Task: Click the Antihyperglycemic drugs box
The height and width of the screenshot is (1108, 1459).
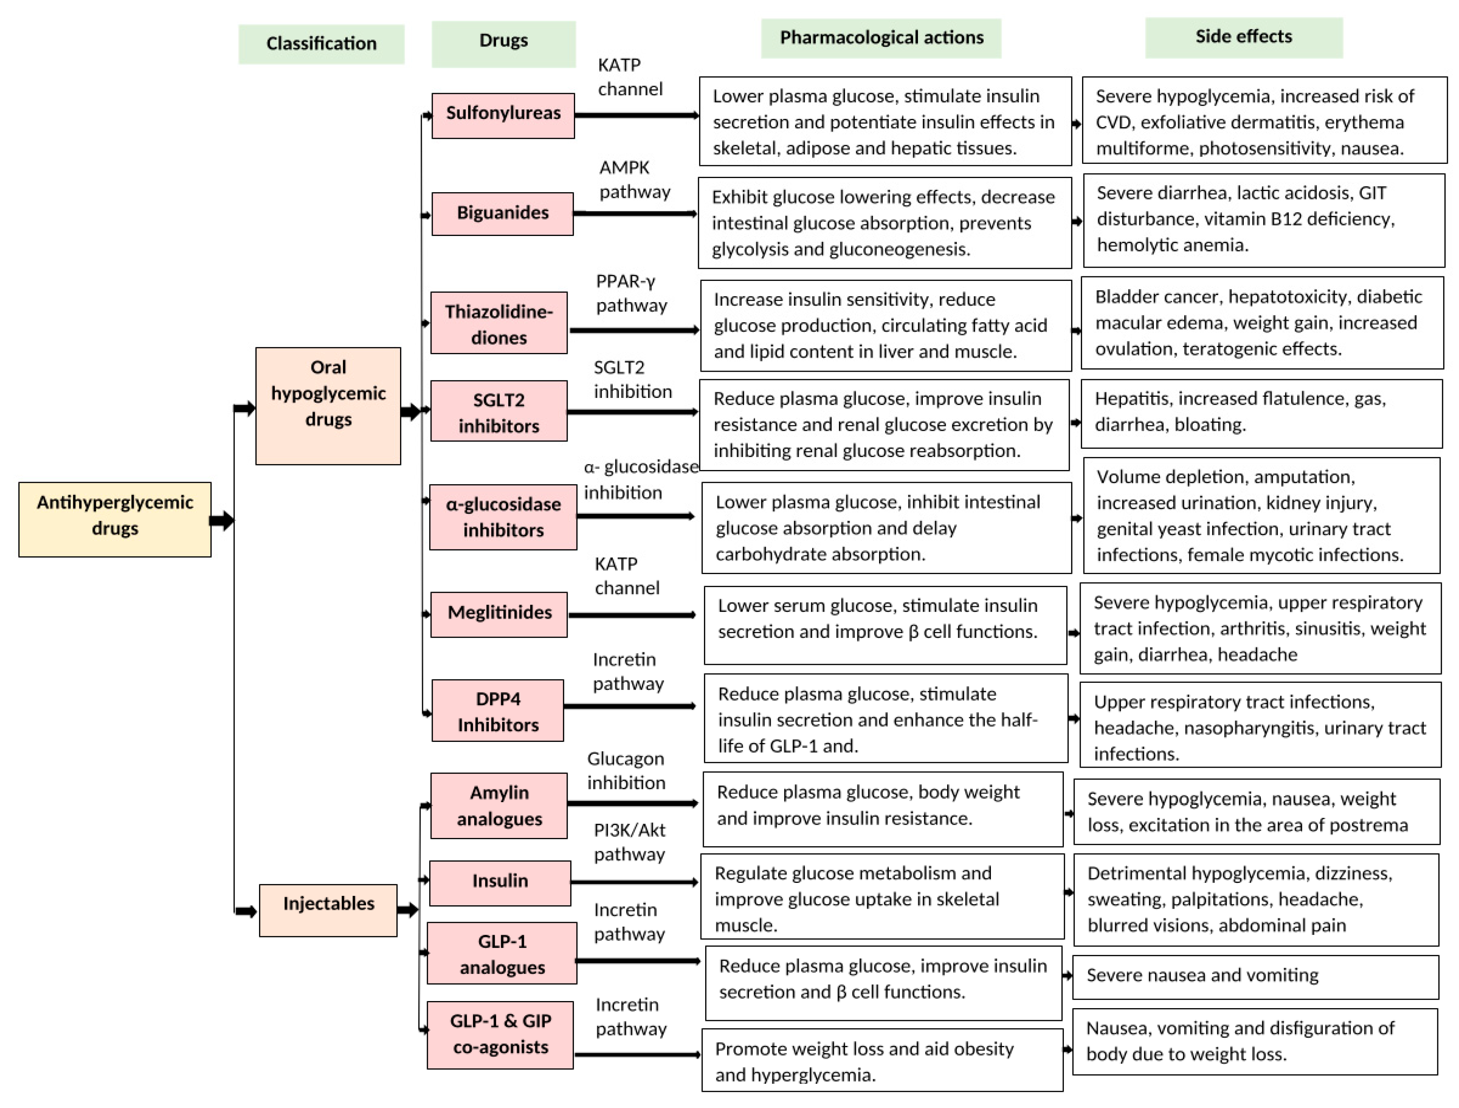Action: (x=115, y=520)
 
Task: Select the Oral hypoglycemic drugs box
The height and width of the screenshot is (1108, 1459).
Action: (x=328, y=406)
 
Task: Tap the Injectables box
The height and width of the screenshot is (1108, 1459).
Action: (x=328, y=910)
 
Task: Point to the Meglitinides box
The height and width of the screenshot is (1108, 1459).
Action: (x=499, y=614)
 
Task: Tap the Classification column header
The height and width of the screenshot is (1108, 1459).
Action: (x=321, y=44)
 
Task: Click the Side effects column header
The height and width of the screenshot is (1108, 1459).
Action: (x=1243, y=38)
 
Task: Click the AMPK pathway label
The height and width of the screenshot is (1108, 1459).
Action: (x=634, y=179)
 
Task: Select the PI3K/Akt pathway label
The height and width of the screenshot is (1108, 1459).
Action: (x=629, y=842)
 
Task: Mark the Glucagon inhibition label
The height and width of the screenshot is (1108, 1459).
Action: (x=626, y=770)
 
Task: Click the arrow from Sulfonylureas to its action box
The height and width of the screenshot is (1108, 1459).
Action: (x=636, y=116)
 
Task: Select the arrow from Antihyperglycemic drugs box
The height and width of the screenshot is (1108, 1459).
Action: (x=222, y=521)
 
